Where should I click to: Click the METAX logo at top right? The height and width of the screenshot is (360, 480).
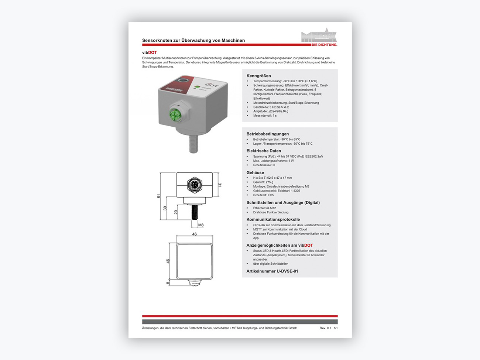tap(319, 36)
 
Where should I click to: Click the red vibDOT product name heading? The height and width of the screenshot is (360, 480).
tap(150, 52)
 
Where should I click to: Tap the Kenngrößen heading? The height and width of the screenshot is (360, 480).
tap(258, 76)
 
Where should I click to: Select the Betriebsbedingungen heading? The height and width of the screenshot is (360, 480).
tap(267, 134)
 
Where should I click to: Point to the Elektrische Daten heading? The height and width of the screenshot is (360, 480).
tap(264, 151)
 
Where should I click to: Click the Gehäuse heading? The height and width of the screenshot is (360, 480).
tap(255, 172)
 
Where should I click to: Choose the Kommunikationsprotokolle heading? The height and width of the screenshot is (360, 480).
tap(273, 219)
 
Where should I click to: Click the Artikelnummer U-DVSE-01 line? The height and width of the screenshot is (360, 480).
tap(272, 271)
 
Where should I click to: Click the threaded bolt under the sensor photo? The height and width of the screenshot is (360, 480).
tap(193, 144)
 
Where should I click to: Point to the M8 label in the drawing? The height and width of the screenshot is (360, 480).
tap(201, 225)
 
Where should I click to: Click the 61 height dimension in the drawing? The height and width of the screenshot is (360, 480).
tap(159, 196)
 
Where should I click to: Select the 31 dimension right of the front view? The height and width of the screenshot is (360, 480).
tap(219, 185)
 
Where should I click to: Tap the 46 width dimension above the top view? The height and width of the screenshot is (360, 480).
tap(195, 234)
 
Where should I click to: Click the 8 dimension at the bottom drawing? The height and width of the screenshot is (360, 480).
tap(168, 283)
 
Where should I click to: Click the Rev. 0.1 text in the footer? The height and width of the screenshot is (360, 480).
tap(325, 328)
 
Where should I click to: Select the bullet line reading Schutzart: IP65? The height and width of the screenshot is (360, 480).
tap(263, 195)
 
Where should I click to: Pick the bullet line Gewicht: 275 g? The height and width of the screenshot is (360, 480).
tap(263, 182)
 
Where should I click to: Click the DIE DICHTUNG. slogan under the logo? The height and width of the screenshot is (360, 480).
tap(325, 45)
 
